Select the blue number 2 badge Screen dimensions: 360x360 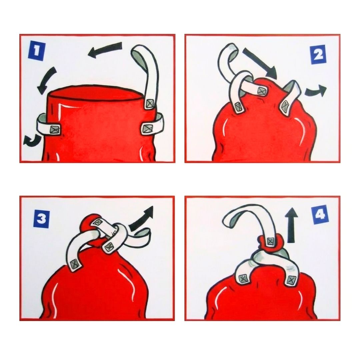pyautogui.click(x=318, y=54)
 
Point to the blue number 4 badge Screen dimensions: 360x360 pyautogui.click(x=320, y=215)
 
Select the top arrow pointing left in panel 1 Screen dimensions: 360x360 pyautogui.click(x=105, y=49)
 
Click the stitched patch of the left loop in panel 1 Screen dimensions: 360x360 pyautogui.click(x=55, y=129)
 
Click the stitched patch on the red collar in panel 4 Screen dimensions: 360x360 pyautogui.click(x=271, y=241)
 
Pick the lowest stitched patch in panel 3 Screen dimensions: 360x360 pyautogui.click(x=75, y=263)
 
